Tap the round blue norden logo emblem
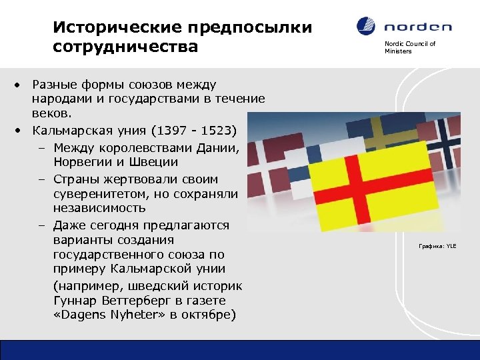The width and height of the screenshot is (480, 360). (366, 26)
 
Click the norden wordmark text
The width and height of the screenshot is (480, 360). (418, 27)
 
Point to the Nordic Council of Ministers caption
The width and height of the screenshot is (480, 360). (409, 47)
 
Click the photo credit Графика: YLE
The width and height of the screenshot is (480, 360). (437, 246)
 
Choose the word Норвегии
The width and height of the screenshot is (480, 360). (84, 162)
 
